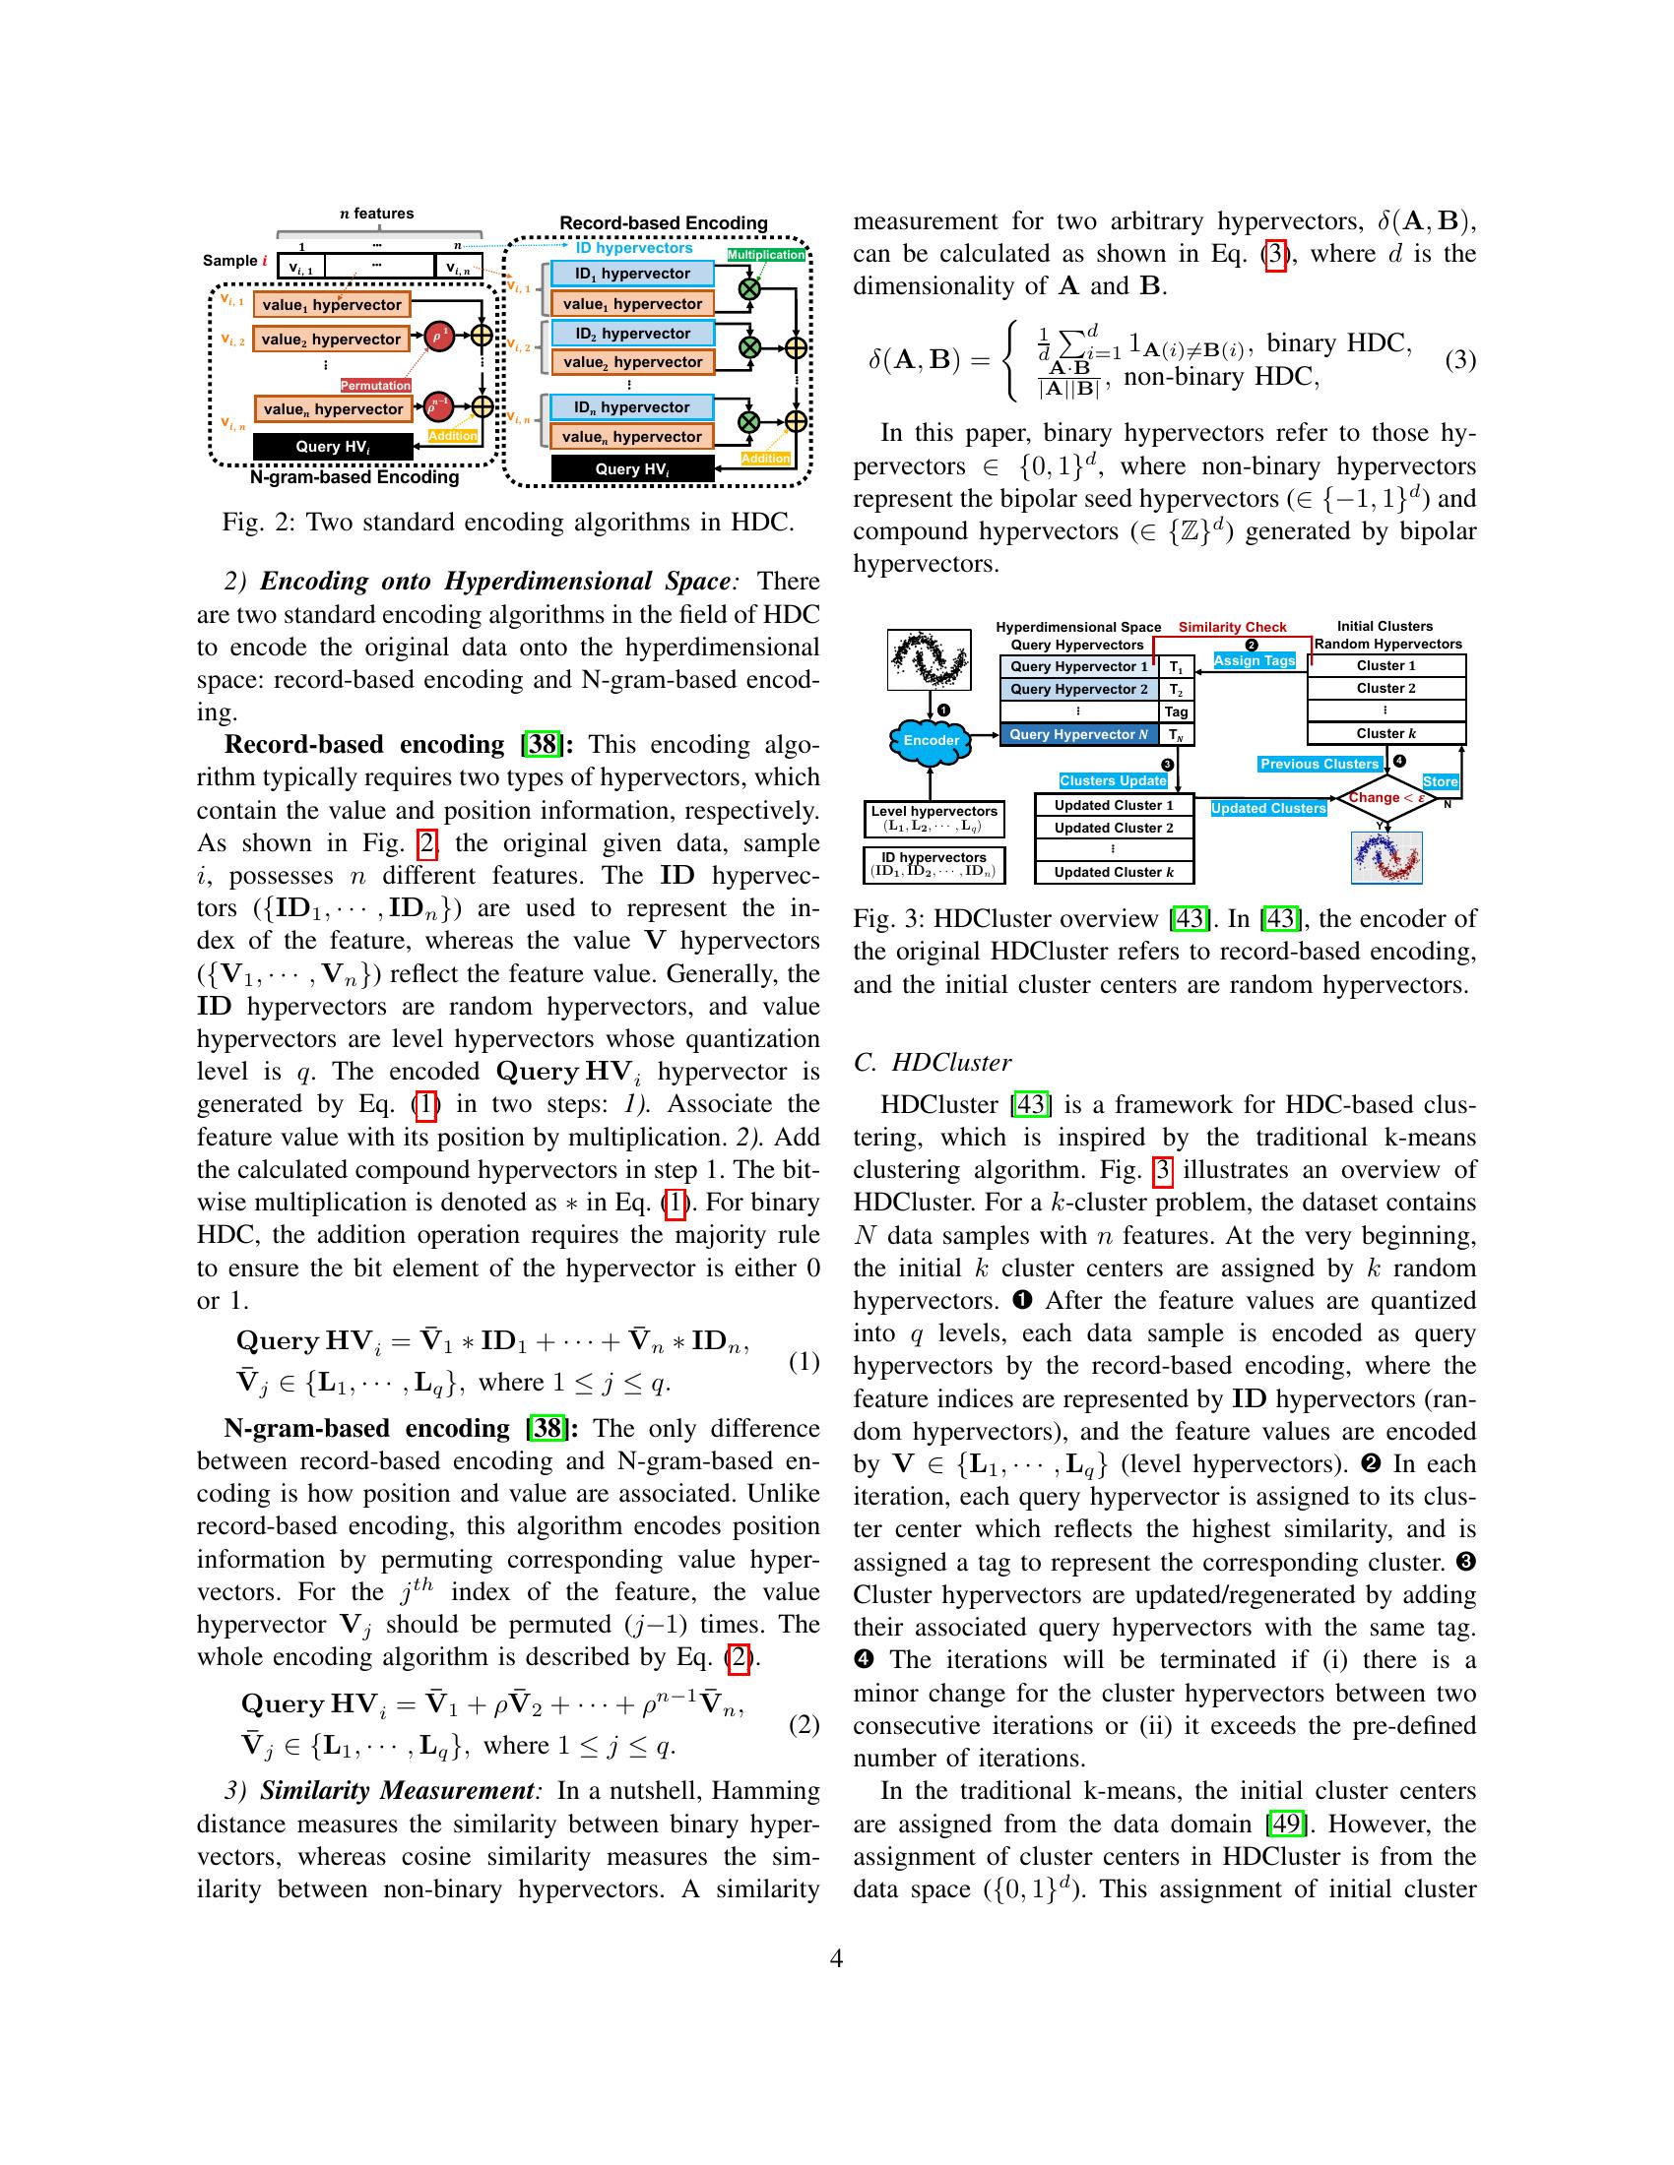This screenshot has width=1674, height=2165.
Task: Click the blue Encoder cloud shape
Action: (930, 740)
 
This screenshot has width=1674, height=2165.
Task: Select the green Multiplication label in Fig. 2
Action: (765, 255)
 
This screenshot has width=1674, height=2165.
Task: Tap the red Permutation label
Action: (376, 385)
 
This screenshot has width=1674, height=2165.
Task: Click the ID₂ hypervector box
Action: (632, 333)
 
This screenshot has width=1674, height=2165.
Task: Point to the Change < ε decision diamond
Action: (1385, 798)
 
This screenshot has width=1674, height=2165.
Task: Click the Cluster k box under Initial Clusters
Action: (1385, 733)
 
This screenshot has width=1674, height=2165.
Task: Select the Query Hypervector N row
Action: (1079, 734)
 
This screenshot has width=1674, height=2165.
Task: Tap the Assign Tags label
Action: (1255, 660)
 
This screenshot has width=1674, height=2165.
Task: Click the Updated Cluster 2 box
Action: (1113, 828)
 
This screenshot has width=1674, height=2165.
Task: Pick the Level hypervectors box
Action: (934, 819)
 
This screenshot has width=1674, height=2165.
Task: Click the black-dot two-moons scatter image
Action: (929, 659)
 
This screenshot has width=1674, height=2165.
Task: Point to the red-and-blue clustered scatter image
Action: (1386, 857)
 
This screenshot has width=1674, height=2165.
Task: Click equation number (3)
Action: (1459, 360)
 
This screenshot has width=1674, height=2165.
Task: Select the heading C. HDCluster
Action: (932, 1063)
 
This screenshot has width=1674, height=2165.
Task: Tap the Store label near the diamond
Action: (1440, 782)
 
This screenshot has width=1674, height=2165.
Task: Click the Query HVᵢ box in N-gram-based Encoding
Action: (332, 447)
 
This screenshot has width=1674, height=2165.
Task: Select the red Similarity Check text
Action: (1232, 628)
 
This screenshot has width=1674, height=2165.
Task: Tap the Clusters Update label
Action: (1113, 781)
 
